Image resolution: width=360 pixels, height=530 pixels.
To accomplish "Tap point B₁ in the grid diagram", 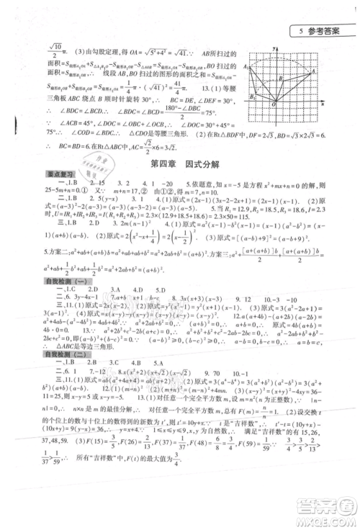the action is pyautogui.click(x=253, y=95).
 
